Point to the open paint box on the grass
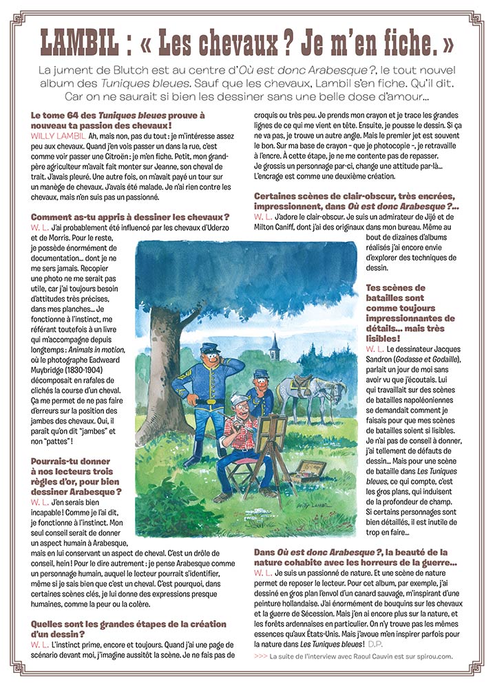[307, 471]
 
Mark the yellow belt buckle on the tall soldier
[209, 401]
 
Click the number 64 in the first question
[76, 115]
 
